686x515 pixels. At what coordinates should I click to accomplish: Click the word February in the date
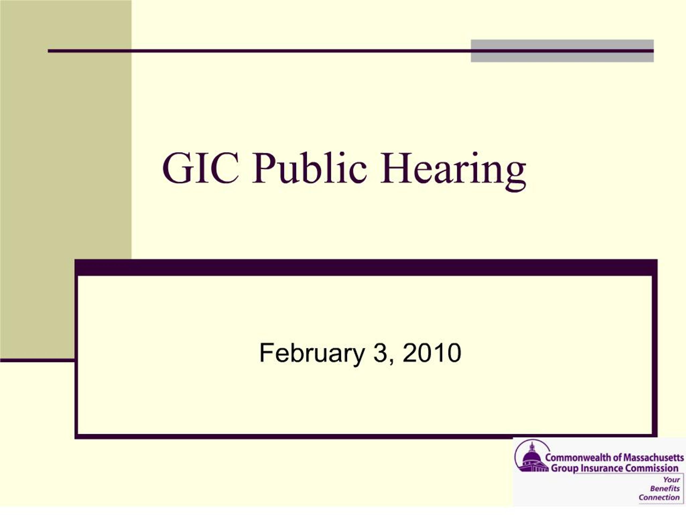[x=312, y=353]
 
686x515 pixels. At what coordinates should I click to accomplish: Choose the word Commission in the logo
[x=651, y=468]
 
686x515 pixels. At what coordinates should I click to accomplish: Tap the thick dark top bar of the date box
[x=366, y=268]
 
